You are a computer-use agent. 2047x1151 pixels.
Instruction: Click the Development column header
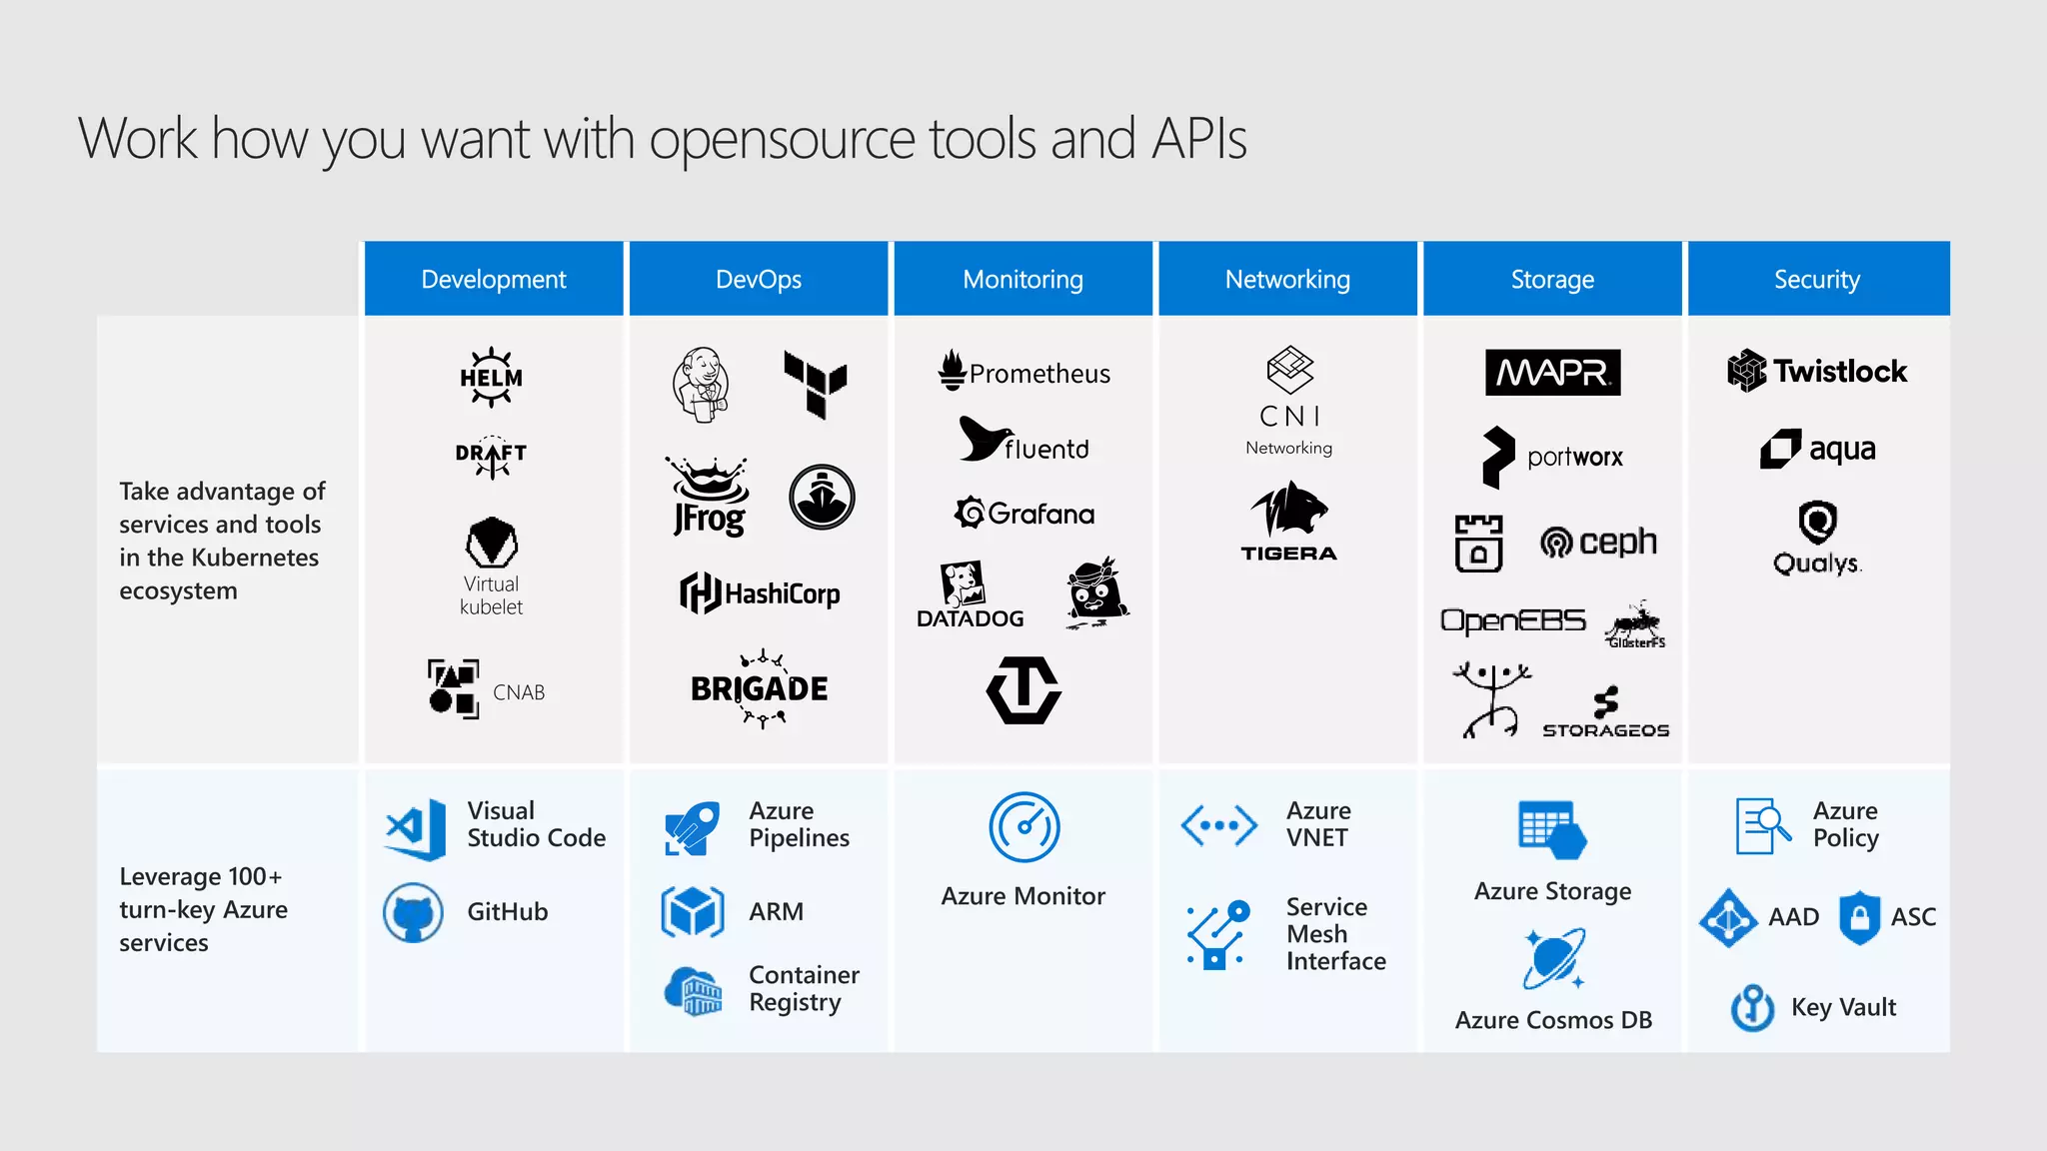coord(493,279)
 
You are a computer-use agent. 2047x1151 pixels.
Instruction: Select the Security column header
coord(1816,279)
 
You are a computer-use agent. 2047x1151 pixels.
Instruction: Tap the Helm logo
coord(491,378)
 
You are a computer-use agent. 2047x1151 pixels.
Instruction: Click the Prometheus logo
coord(1024,372)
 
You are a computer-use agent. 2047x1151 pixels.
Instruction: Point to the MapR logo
coord(1552,373)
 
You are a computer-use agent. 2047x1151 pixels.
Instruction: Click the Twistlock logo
coord(1817,371)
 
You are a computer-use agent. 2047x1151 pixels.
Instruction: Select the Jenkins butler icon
coord(701,385)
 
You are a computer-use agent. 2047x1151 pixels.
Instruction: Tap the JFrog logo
coord(709,497)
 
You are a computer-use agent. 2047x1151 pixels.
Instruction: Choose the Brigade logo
coord(760,688)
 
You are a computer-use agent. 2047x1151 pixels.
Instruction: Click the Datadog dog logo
coord(963,583)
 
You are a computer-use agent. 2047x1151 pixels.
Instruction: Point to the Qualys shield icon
coord(1817,522)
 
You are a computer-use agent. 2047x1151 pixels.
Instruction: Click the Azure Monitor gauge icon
coord(1023,827)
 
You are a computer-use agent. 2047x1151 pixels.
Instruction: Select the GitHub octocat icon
coord(413,912)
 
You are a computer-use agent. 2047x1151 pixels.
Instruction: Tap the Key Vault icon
coord(1752,1007)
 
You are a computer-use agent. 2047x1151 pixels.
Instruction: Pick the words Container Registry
coord(804,988)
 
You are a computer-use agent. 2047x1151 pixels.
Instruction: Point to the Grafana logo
coord(1024,514)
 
